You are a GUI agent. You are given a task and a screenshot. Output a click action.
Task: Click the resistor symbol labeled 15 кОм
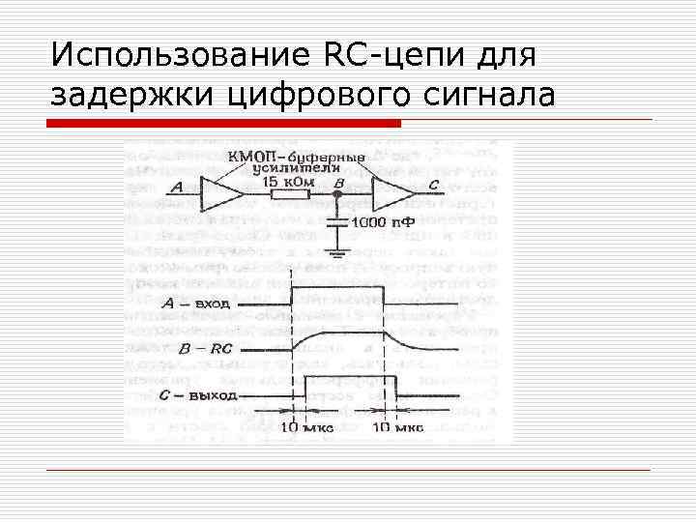[x=288, y=195]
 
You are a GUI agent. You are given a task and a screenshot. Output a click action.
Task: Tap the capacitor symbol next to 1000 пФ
[x=336, y=221]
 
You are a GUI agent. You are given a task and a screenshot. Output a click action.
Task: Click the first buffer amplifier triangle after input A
[x=221, y=195]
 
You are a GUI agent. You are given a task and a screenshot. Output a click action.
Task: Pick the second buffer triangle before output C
[x=395, y=195]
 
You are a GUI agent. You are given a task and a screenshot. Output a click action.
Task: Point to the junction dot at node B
[x=336, y=195]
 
